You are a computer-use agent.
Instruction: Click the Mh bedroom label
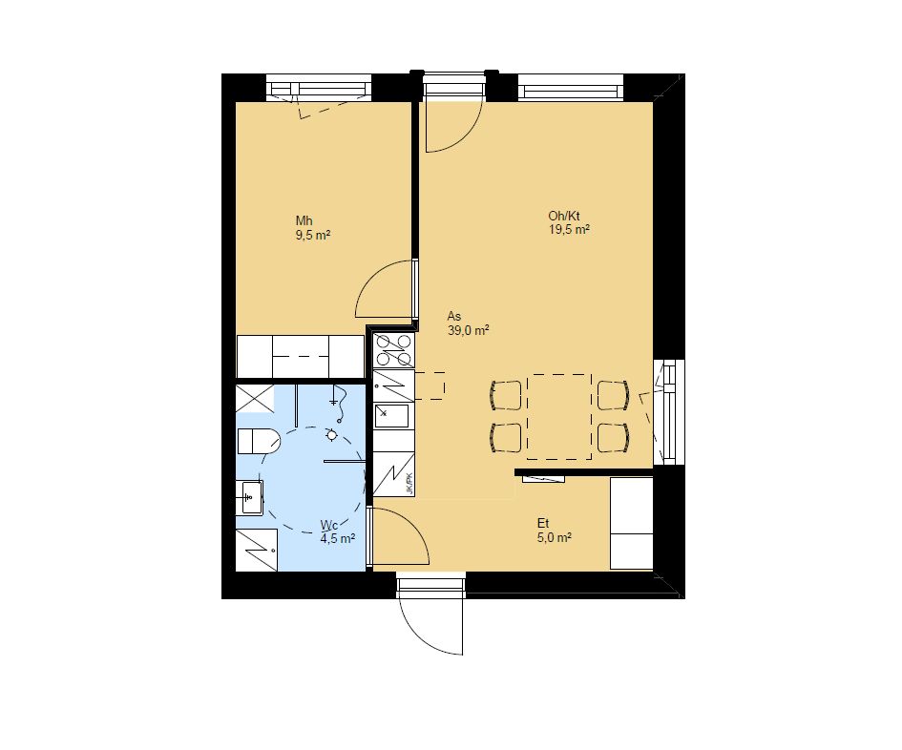pyautogui.click(x=304, y=220)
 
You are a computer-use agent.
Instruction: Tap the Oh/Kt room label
pyautogui.click(x=564, y=217)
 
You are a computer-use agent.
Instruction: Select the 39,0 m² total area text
pyautogui.click(x=469, y=330)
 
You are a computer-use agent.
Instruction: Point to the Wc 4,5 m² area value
pyautogui.click(x=338, y=539)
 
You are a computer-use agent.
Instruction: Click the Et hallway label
pyautogui.click(x=543, y=524)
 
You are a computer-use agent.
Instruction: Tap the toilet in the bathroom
pyautogui.click(x=259, y=441)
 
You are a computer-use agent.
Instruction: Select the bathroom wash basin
pyautogui.click(x=250, y=497)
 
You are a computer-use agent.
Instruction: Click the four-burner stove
pyautogui.click(x=393, y=350)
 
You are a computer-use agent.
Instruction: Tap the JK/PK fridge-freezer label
pyautogui.click(x=409, y=483)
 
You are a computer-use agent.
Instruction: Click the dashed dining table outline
pyautogui.click(x=559, y=416)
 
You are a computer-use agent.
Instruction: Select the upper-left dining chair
pyautogui.click(x=506, y=395)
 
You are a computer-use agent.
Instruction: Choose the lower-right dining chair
pyautogui.click(x=613, y=438)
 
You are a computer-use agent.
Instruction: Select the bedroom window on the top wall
pyautogui.click(x=319, y=88)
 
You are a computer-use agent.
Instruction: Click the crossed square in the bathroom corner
pyautogui.click(x=255, y=399)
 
